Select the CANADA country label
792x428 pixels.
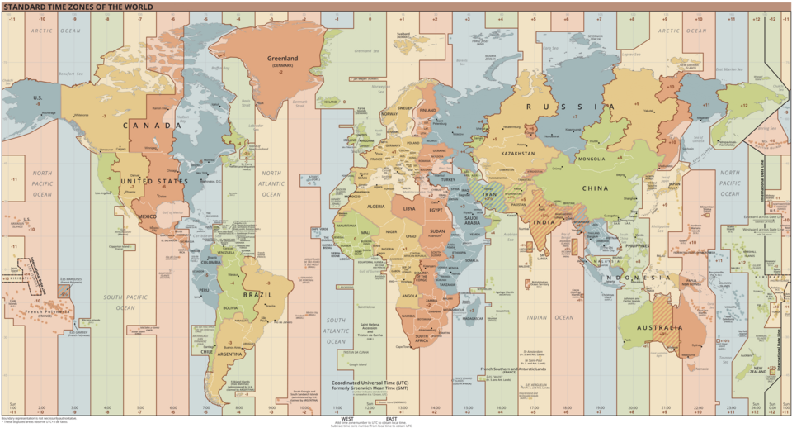(153, 126)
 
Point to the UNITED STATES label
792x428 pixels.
(148, 181)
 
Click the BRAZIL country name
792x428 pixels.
(257, 294)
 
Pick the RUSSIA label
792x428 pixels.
(568, 107)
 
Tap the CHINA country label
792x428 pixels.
(595, 188)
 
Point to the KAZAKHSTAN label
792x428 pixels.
(516, 154)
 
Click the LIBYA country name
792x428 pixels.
(409, 209)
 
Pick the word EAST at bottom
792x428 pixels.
(390, 418)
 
